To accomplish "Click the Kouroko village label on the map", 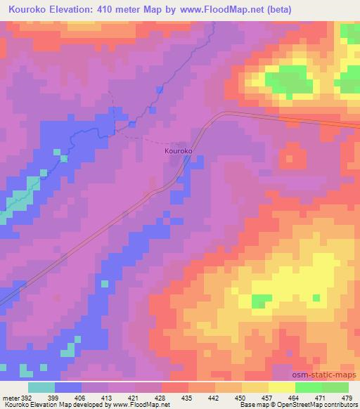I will coord(179,150).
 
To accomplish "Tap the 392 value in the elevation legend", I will coord(24,397).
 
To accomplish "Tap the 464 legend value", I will coord(294,397).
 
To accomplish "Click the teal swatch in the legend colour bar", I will coord(41,387).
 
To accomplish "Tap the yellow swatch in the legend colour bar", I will coord(282,387).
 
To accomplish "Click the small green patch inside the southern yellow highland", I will coord(262,301).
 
